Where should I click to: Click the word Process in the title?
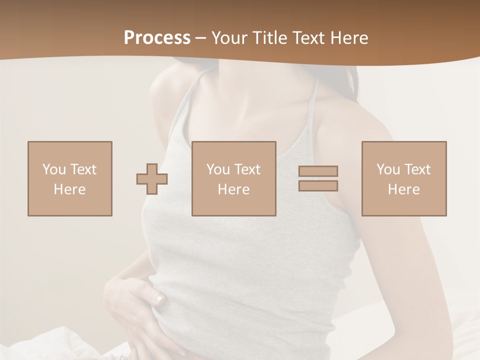click(x=157, y=38)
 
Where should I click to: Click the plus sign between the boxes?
click(x=152, y=179)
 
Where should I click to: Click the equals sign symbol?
click(x=318, y=178)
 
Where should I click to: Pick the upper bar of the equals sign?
click(x=318, y=171)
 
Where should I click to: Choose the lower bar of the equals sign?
click(x=318, y=186)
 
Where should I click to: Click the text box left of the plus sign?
click(x=70, y=178)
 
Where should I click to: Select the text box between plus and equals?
click(x=234, y=178)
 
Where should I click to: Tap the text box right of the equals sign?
click(x=404, y=178)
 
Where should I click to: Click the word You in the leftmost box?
click(x=54, y=169)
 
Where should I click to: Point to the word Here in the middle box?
click(x=234, y=189)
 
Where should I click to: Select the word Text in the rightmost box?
click(x=417, y=169)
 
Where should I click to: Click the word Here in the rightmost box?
click(x=404, y=189)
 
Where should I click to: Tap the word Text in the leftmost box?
click(x=83, y=169)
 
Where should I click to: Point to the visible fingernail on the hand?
click(x=159, y=299)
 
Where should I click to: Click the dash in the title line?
click(x=201, y=38)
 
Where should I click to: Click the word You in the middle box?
click(x=218, y=169)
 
